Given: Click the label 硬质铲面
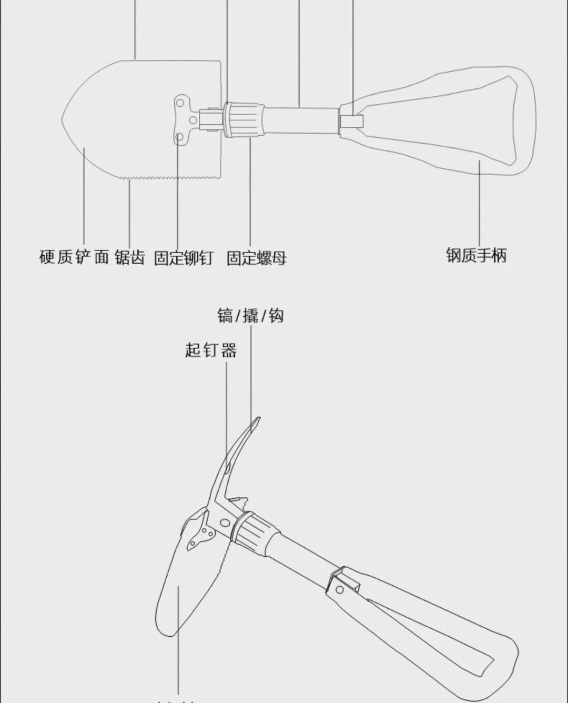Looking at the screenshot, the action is (74, 257).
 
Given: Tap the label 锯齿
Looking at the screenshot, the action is (130, 257).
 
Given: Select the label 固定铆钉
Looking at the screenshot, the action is (184, 258).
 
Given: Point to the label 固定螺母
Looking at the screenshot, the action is (256, 258).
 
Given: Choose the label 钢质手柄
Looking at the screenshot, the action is (476, 255).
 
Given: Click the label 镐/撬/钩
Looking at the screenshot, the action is (250, 316).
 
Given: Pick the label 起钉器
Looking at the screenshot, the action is (210, 350).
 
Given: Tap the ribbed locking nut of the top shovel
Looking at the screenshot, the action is (245, 120).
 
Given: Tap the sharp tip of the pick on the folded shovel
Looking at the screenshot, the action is (258, 419).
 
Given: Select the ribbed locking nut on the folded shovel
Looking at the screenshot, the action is (253, 533).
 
